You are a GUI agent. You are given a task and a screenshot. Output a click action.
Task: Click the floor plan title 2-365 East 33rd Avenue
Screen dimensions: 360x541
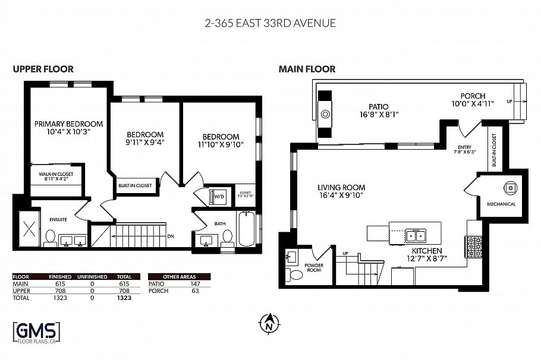(270, 24)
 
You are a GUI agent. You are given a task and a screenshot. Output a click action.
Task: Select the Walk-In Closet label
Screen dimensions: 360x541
(56, 176)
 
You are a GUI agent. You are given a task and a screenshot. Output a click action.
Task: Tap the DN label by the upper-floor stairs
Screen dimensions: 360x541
(170, 236)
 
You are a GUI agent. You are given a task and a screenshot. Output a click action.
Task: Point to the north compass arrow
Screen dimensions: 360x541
(269, 323)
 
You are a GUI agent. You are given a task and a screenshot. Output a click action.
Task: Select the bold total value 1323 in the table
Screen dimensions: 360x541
(124, 298)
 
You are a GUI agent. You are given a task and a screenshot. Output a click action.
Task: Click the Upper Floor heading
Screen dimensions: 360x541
(43, 70)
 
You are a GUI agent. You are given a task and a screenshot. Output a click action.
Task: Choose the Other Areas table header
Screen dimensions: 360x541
(178, 276)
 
